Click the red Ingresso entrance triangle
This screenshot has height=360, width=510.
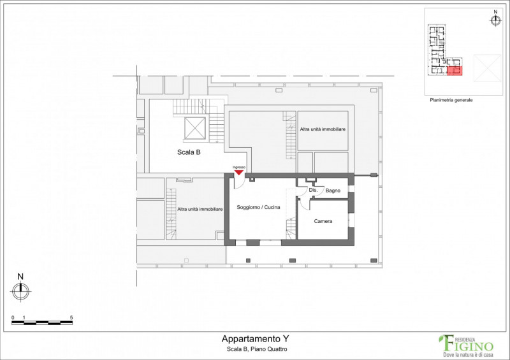click(238, 172)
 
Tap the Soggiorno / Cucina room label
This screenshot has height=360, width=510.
click(258, 207)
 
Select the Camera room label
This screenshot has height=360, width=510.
click(323, 221)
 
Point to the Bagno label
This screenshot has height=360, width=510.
click(333, 191)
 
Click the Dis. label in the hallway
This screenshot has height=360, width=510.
click(313, 190)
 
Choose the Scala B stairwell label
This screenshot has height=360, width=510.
click(189, 152)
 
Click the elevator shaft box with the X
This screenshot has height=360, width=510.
click(195, 128)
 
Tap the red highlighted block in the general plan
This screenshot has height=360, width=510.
click(455, 71)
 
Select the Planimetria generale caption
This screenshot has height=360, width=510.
click(451, 100)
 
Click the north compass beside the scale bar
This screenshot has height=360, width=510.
click(21, 291)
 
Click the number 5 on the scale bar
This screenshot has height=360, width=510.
click(71, 318)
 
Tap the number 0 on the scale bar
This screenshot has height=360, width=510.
click(13, 318)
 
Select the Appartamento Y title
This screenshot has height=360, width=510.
click(256, 339)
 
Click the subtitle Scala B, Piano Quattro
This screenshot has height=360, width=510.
click(257, 350)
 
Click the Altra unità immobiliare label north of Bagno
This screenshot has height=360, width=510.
click(323, 129)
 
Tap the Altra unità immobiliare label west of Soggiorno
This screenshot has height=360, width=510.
click(200, 210)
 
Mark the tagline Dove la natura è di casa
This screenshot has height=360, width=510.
click(469, 354)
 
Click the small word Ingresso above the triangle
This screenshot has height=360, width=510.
click(239, 167)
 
